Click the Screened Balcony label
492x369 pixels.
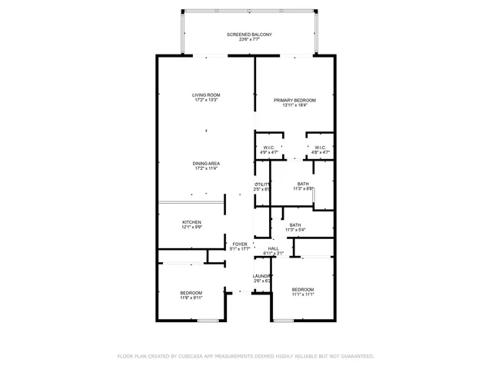pyautogui.click(x=249, y=35)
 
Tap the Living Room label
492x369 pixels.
pyautogui.click(x=206, y=95)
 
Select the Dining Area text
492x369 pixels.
pyautogui.click(x=206, y=163)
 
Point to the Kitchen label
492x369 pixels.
pyautogui.click(x=191, y=222)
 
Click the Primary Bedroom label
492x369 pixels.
pyautogui.click(x=295, y=101)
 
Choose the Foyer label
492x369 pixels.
pyautogui.click(x=241, y=244)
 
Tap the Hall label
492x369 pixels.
pyautogui.click(x=274, y=248)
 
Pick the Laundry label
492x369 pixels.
pyautogui.click(x=263, y=276)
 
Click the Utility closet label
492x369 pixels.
pyautogui.click(x=263, y=184)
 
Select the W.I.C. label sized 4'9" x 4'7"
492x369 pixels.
pyautogui.click(x=269, y=148)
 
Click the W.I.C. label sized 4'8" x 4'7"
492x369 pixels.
pyautogui.click(x=320, y=148)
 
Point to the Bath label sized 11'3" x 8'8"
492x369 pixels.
pyautogui.click(x=303, y=184)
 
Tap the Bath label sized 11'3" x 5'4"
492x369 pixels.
pyautogui.click(x=295, y=224)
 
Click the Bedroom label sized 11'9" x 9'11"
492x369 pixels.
pyautogui.click(x=191, y=292)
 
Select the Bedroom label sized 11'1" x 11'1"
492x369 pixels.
pyautogui.click(x=303, y=289)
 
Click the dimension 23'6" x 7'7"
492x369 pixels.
pyautogui.click(x=249, y=41)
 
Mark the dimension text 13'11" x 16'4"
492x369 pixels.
pyautogui.click(x=295, y=107)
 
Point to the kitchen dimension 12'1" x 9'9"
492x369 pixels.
pyautogui.click(x=191, y=228)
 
